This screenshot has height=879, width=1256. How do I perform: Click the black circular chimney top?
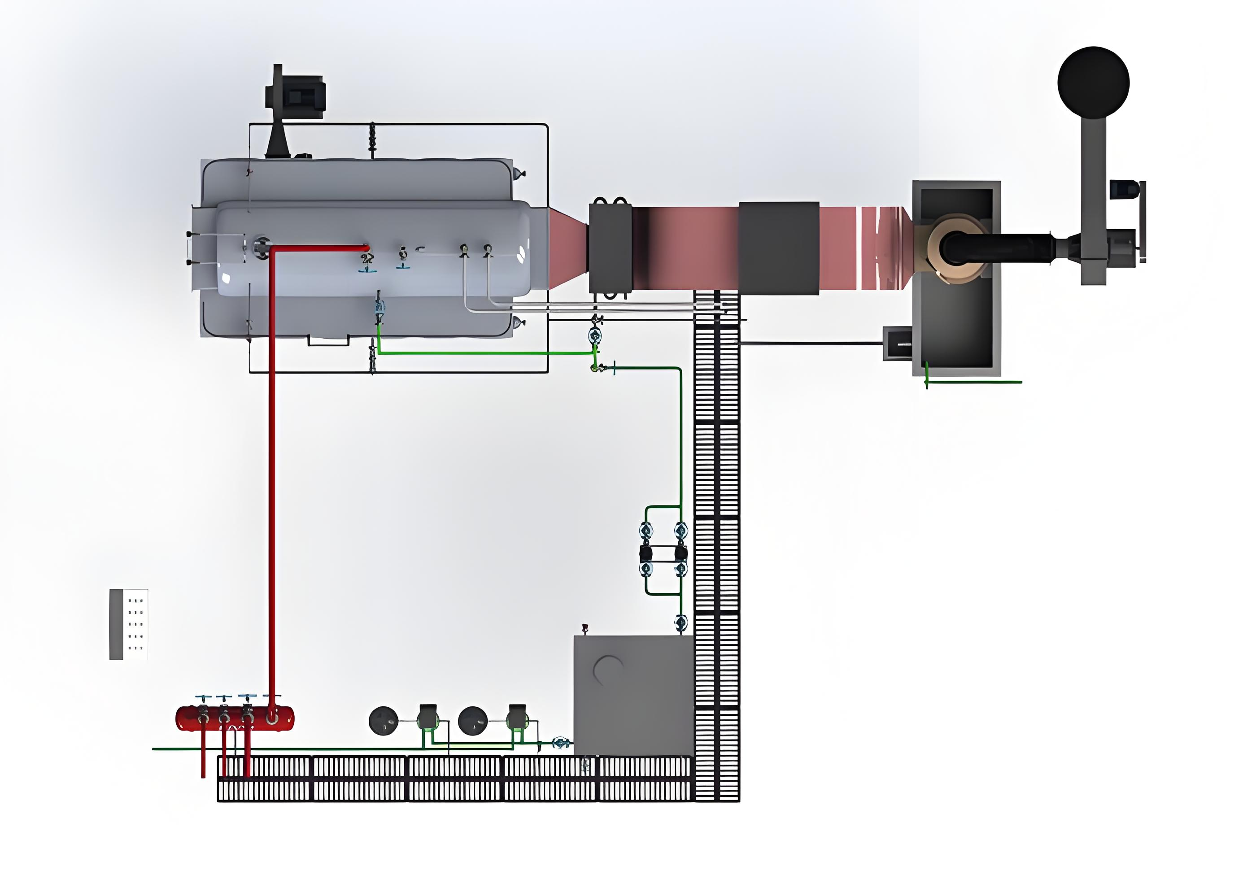1093,82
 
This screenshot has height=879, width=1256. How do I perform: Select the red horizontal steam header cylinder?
234,718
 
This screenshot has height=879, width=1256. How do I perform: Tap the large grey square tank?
633,695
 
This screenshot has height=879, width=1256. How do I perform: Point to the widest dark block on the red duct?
778,248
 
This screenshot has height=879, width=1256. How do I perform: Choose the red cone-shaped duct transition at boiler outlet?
568,248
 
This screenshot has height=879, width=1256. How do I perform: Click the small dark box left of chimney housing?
898,344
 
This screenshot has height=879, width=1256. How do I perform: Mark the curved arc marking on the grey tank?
607,668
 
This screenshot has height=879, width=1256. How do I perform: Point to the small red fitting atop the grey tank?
585,627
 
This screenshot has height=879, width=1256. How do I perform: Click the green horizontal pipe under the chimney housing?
974,382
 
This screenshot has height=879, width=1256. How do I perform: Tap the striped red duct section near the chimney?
881,248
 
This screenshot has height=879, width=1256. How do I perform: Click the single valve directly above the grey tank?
680,622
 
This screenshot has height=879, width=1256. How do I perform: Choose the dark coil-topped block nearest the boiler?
611,248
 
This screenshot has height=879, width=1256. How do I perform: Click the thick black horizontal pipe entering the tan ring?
1001,249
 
